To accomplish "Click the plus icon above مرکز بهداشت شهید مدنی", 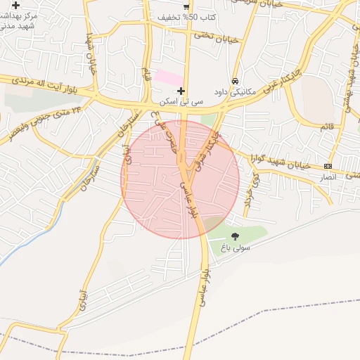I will click(x=15, y=5).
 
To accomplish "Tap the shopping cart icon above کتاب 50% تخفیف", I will click(x=186, y=6).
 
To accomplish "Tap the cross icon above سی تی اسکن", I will click(x=181, y=91).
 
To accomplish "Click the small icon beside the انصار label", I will click(x=327, y=166).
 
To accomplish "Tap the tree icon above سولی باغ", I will click(x=235, y=236).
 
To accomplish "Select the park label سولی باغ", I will click(x=235, y=247).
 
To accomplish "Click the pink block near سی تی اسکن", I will click(x=169, y=77).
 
